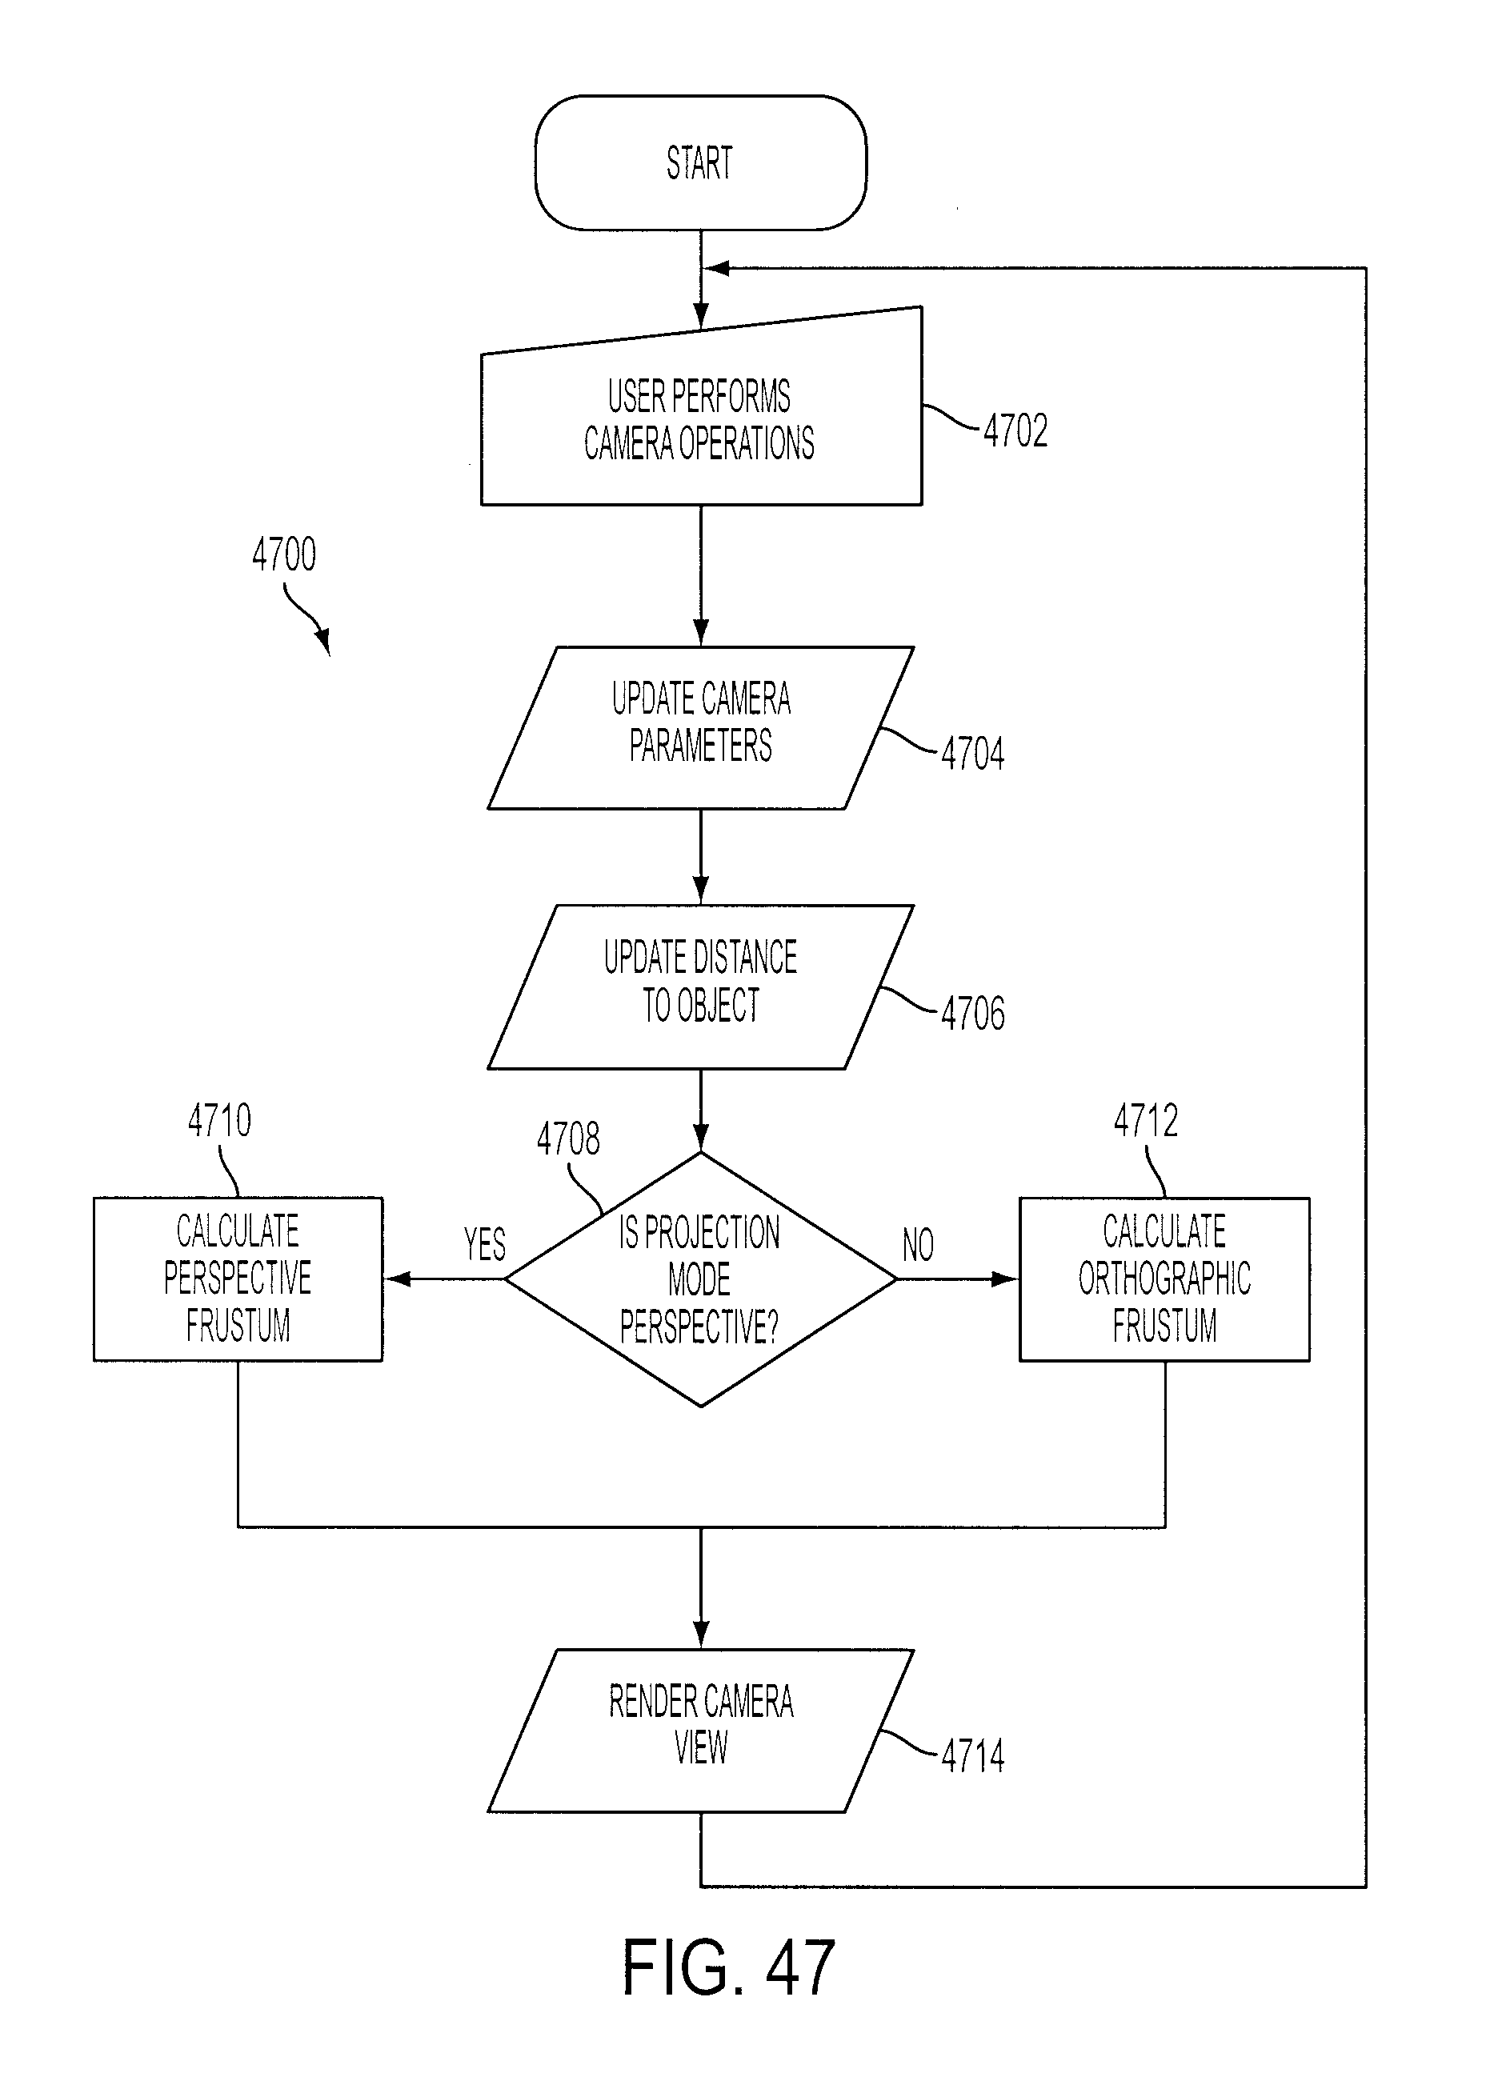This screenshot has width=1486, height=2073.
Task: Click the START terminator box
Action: [700, 162]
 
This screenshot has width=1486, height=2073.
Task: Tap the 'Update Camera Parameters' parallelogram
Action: [701, 727]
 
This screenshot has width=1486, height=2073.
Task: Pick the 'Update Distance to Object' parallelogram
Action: [701, 986]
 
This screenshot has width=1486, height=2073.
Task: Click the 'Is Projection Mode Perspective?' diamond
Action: [701, 1279]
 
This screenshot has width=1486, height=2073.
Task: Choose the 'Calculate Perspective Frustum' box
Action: [238, 1279]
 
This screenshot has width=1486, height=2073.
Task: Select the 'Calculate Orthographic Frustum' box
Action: [1164, 1279]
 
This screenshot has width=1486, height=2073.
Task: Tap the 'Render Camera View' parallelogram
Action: [701, 1731]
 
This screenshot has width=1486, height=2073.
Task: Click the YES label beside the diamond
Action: [484, 1244]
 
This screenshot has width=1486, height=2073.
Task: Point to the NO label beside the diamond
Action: [918, 1244]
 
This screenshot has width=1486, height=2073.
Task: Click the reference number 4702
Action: [1015, 430]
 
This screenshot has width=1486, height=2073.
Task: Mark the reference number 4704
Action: [972, 754]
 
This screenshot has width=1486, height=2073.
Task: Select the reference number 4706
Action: [972, 1014]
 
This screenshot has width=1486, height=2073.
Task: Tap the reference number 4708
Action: [568, 1139]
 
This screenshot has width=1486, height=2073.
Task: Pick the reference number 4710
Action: [219, 1119]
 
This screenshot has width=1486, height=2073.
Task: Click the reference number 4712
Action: [1146, 1119]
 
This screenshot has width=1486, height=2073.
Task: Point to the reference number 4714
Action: [972, 1756]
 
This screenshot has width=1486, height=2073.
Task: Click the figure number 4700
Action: [284, 554]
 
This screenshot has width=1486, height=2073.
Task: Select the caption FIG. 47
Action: [728, 1968]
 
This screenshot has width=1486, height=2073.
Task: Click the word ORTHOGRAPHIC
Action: [1164, 1279]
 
